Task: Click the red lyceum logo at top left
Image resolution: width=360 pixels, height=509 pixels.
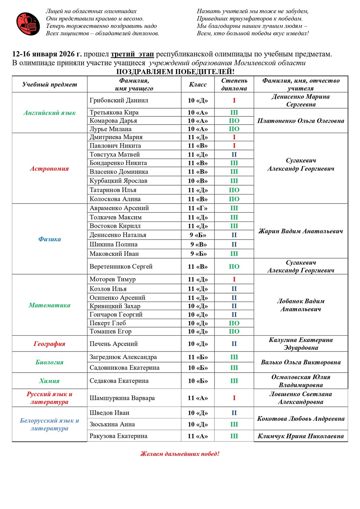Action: (x=28, y=24)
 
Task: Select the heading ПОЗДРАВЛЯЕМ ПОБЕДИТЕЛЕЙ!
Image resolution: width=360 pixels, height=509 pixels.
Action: (x=175, y=72)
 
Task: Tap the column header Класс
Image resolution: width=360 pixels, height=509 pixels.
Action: (x=198, y=84)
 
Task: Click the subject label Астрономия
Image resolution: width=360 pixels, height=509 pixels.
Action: (x=50, y=169)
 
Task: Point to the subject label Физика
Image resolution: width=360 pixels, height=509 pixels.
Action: (x=50, y=239)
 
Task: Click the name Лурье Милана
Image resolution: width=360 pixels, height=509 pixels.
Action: (x=111, y=129)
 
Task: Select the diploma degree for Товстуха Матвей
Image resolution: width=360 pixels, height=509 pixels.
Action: (x=234, y=154)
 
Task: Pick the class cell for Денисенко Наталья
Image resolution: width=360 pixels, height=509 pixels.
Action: (x=198, y=235)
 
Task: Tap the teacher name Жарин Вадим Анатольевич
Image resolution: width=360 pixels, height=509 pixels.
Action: (x=301, y=231)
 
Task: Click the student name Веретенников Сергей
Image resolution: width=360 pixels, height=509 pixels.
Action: (x=121, y=266)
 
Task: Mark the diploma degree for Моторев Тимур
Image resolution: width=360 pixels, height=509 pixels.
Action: (x=234, y=279)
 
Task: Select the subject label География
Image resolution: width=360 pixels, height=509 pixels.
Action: (x=50, y=344)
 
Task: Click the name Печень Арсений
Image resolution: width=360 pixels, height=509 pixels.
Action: (x=114, y=344)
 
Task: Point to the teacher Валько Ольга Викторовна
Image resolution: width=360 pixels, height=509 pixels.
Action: (x=301, y=362)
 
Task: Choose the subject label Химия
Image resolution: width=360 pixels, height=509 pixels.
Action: (x=50, y=381)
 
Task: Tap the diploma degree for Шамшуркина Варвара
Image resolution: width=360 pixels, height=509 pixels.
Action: (x=234, y=398)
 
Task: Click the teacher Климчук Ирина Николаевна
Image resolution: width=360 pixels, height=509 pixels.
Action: (x=301, y=436)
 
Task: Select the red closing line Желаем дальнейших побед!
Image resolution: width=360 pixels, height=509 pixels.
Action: (x=180, y=454)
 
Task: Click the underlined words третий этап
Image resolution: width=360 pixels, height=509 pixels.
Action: (x=132, y=54)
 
